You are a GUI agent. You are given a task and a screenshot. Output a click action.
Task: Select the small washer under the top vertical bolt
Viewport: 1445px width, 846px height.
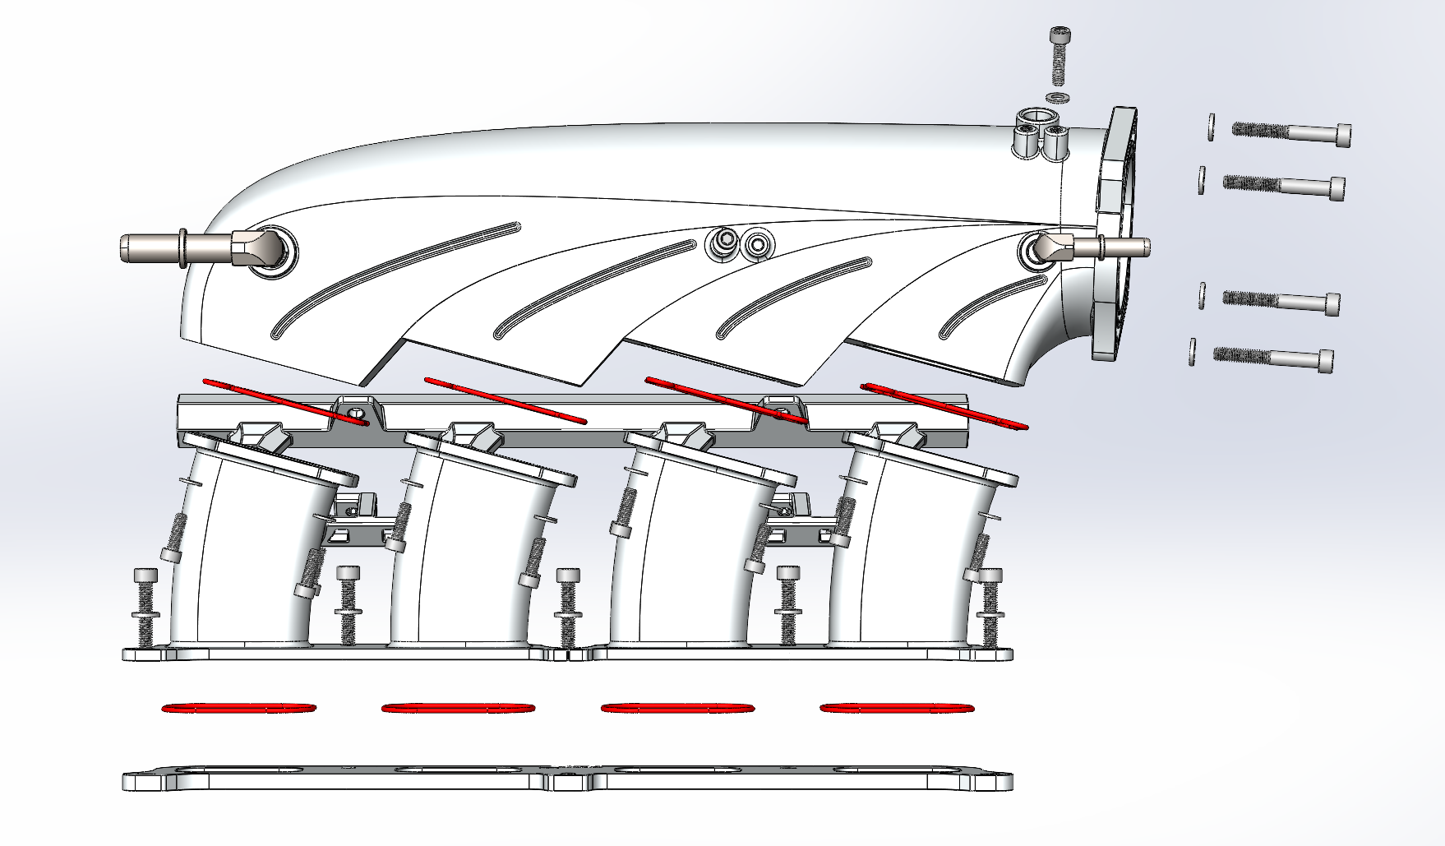point(1058,98)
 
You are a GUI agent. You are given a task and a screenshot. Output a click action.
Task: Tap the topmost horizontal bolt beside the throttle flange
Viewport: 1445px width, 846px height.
point(1291,132)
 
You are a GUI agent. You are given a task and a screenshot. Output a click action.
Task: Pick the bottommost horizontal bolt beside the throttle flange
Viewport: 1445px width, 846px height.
point(1273,358)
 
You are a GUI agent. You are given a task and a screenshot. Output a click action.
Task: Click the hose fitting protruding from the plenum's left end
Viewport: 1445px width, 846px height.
point(189,247)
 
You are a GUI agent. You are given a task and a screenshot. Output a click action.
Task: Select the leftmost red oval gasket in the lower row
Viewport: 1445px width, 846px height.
point(239,708)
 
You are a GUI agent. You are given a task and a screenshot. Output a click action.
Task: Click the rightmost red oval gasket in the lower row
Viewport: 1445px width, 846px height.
point(897,707)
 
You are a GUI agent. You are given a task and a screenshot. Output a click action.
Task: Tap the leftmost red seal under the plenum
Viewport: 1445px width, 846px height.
point(284,403)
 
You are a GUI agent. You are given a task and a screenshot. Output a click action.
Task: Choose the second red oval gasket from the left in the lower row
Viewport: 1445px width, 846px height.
point(458,707)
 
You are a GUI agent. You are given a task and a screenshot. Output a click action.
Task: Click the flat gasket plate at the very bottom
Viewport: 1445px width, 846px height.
point(567,781)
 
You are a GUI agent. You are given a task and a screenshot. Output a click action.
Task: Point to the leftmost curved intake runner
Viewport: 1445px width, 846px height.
point(247,559)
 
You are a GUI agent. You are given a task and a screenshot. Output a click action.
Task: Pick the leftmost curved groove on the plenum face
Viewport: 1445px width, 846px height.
point(395,280)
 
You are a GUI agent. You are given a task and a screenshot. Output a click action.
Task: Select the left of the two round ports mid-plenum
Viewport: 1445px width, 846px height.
point(724,242)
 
